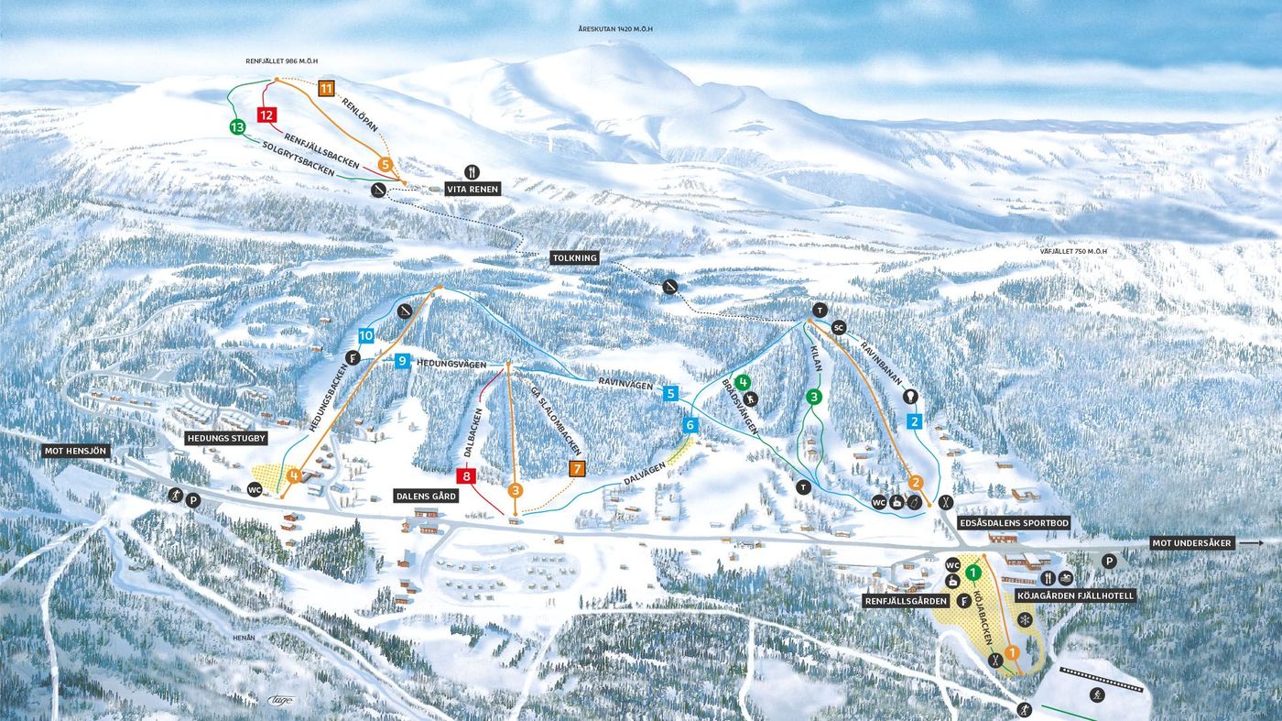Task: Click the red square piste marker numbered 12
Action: [266, 115]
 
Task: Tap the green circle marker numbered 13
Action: [238, 127]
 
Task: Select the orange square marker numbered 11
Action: [326, 89]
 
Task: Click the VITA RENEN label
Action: [473, 189]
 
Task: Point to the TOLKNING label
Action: [575, 258]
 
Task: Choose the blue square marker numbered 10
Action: [366, 336]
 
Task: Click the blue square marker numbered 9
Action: [402, 362]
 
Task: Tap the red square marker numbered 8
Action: [466, 475]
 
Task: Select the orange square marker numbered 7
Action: [577, 469]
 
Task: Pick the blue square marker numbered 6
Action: [690, 425]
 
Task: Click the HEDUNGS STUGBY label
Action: [226, 439]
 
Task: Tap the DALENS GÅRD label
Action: [425, 496]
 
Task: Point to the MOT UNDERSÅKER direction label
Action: [1193, 543]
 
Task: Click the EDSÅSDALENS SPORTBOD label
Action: [1013, 523]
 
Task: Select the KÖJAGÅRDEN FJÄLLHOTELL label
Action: [1075, 595]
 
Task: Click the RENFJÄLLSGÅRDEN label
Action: [906, 601]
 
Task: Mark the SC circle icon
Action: [838, 327]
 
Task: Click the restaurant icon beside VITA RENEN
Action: [473, 171]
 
